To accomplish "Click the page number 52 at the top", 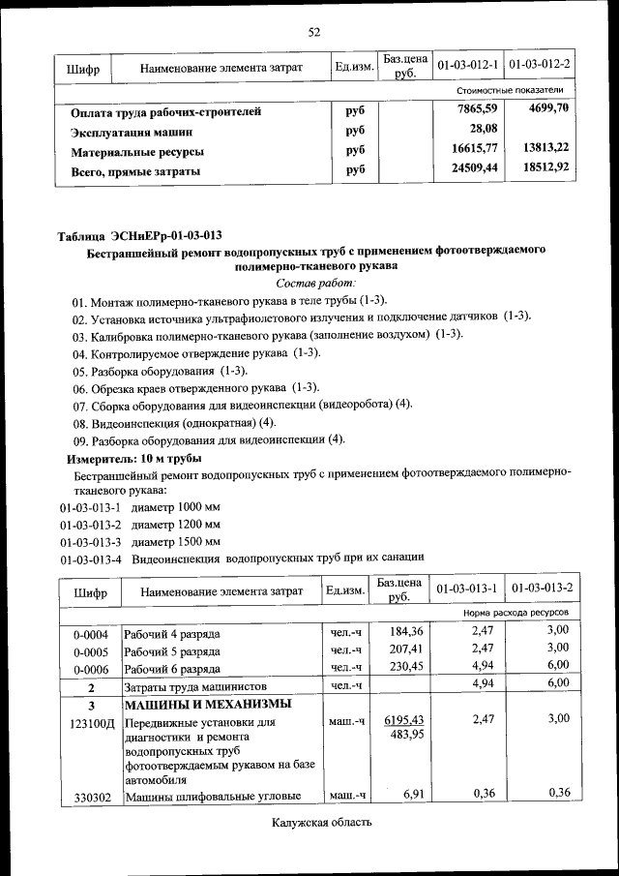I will point(314,32).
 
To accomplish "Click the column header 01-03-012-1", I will point(467,66).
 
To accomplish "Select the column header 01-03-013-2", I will point(542,589).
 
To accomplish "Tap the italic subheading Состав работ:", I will point(315,283).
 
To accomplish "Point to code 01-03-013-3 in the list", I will point(90,541).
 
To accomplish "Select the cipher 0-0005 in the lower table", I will point(89,650).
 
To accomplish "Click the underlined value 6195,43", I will point(404,720).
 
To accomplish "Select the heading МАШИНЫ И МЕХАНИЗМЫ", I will point(207,704).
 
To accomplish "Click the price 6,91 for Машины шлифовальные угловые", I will point(414,794).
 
